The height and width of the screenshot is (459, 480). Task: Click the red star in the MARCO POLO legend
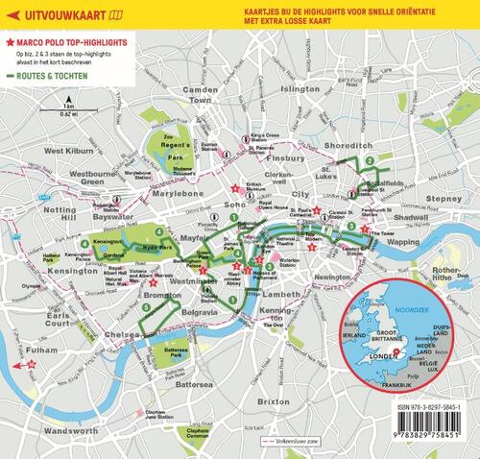[x=9, y=45]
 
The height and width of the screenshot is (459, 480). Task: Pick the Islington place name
[x=300, y=88]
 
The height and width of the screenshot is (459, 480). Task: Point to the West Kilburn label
[x=68, y=151]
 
